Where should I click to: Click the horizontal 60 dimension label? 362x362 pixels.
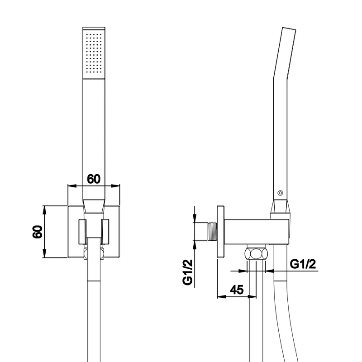94,179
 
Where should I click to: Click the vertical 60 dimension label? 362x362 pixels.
38,232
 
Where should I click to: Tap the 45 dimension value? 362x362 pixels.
237,290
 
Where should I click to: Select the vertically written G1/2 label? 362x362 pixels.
187,272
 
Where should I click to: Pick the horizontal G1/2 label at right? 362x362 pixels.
303,264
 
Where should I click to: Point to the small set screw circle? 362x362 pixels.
280,193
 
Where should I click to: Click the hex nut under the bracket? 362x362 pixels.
257,253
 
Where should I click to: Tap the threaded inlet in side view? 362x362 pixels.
212,232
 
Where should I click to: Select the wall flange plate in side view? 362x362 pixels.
221,232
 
